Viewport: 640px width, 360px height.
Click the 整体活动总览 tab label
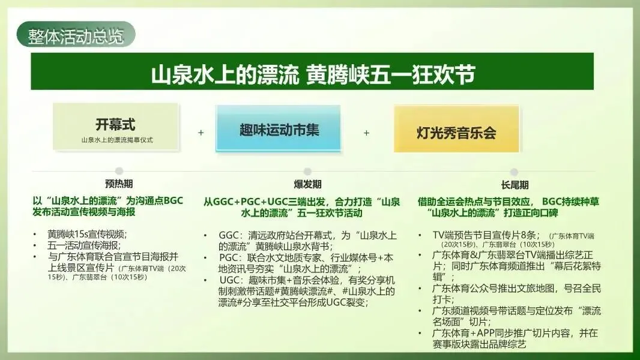tap(76, 36)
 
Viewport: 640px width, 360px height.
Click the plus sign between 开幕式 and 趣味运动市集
tap(201, 132)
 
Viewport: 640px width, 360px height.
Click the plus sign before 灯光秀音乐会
tap(366, 133)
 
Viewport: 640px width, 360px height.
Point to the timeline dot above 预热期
tap(119, 171)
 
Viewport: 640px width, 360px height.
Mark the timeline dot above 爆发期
tap(307, 171)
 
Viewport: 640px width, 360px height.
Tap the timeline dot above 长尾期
tap(514, 172)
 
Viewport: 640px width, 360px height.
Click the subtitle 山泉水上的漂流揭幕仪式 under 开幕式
tap(117, 140)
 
